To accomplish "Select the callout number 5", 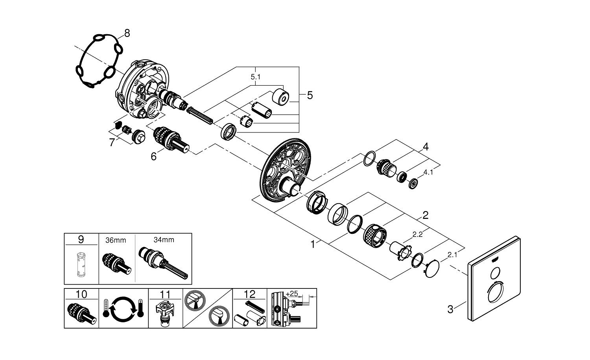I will (x=310, y=95).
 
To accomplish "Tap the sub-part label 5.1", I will (x=256, y=77).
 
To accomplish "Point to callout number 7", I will (x=112, y=142).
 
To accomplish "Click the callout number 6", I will (x=153, y=156).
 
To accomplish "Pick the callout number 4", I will (x=426, y=147).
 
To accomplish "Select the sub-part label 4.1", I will (x=428, y=172).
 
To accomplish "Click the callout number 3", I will (x=450, y=309).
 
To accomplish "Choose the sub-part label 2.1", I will (x=452, y=255).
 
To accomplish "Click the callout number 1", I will (x=313, y=244).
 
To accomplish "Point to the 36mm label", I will (x=116, y=240).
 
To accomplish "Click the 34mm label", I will (x=163, y=240).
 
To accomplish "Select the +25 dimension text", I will (x=292, y=294).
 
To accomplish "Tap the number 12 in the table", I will (x=250, y=294).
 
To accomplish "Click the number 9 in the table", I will (x=81, y=239).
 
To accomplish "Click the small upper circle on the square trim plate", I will (x=496, y=272).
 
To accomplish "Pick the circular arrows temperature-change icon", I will (x=124, y=309).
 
